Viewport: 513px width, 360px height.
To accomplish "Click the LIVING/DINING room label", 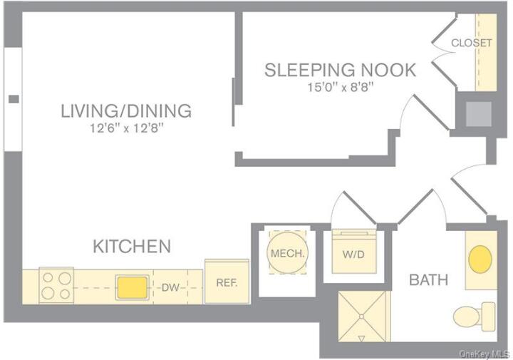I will [x=126, y=111].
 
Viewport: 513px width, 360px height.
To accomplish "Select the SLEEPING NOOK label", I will [x=340, y=70].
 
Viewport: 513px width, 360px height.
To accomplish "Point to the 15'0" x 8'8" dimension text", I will [x=340, y=87].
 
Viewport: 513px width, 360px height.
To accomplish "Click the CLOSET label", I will [x=472, y=43].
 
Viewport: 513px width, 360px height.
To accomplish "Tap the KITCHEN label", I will [x=132, y=247].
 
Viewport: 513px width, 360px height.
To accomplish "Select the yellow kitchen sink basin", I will [x=132, y=287].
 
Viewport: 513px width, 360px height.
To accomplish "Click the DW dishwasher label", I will [x=170, y=287].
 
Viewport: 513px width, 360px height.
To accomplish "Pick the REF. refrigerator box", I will [x=227, y=282].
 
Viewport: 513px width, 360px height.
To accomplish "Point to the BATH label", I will [x=428, y=280].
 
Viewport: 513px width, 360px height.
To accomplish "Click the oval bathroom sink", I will [x=480, y=259].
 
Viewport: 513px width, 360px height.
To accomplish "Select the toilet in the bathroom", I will [x=476, y=314].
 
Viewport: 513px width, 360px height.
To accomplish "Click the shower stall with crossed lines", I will [x=363, y=317].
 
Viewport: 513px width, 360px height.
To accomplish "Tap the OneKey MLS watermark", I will [x=484, y=354].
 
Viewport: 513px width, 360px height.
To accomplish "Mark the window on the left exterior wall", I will [x=12, y=99].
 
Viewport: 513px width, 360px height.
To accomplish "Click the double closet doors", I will [x=444, y=53].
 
